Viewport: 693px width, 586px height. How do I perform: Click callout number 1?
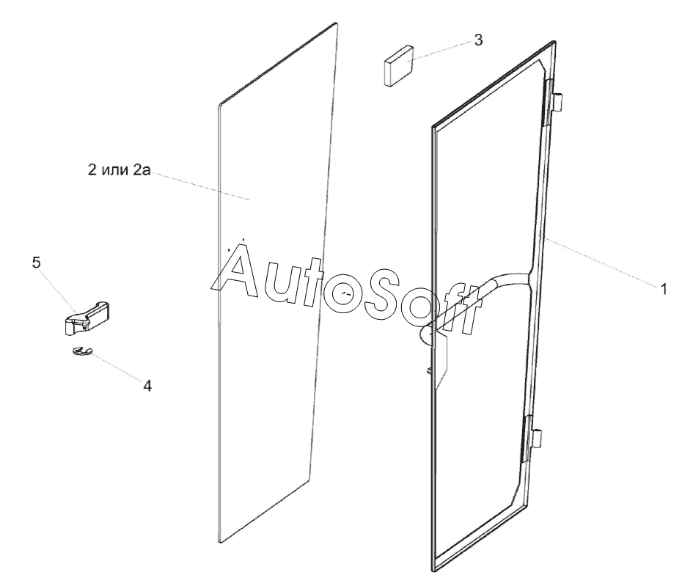663,289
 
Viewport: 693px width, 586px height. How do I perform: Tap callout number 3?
478,40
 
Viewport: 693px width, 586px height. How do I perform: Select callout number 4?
147,385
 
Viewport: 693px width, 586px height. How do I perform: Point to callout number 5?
36,263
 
